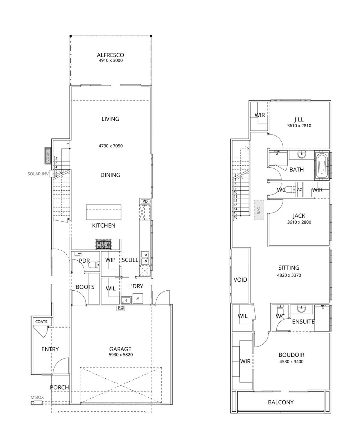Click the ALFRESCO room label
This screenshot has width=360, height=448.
coord(110,55)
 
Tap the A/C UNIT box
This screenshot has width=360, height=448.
coord(47,156)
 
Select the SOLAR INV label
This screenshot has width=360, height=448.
coord(38,174)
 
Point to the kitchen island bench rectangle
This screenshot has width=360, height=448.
coord(103,212)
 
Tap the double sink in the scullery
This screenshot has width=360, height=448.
coord(145,258)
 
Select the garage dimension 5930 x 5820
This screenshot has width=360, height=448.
coord(120,355)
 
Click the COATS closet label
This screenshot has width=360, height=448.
coord(41,322)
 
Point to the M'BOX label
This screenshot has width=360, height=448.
coord(37,398)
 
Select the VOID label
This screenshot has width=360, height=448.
coord(240,280)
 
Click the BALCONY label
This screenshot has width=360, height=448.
coord(281,402)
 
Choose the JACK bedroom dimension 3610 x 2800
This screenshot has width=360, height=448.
coord(299,222)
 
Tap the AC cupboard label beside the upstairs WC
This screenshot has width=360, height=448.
coord(299,190)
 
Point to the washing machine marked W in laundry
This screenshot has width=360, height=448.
coord(138,298)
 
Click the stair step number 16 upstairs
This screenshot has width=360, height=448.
coord(236,217)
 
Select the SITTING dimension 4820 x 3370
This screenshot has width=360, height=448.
coord(289,275)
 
